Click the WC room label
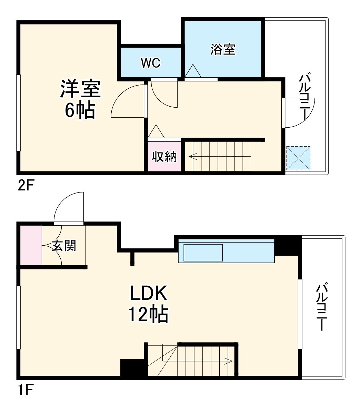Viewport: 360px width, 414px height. [151, 63]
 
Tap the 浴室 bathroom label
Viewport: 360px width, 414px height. [223, 50]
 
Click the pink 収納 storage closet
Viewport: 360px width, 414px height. [164, 157]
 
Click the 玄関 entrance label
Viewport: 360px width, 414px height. [64, 246]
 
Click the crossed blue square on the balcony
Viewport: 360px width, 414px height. [298, 158]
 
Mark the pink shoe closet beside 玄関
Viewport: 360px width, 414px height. [31, 245]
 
